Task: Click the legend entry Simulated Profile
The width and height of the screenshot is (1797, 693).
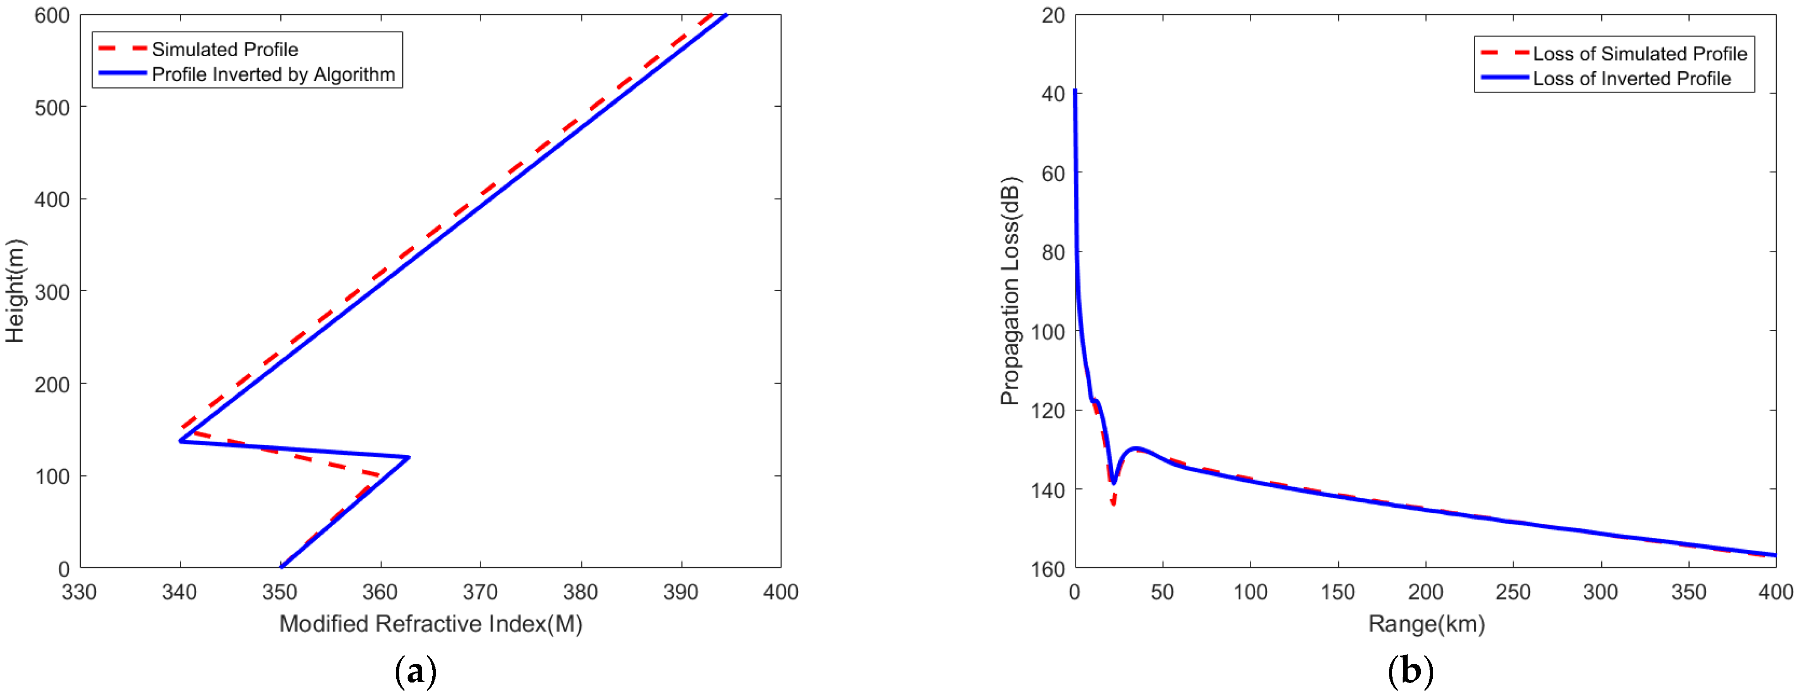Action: point(225,49)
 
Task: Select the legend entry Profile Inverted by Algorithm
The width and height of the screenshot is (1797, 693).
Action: point(273,75)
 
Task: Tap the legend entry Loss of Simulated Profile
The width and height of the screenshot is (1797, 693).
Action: point(1640,54)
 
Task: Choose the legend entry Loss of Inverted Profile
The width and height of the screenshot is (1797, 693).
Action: point(1631,79)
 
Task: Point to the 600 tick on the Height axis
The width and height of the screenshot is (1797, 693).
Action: point(52,16)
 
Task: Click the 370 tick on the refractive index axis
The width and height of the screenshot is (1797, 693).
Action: point(480,592)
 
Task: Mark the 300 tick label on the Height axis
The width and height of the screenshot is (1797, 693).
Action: point(52,292)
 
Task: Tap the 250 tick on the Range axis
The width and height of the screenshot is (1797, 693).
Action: point(1512,592)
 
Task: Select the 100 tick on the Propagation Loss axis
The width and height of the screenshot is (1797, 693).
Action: point(1048,332)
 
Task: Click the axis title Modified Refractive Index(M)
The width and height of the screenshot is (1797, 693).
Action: point(430,623)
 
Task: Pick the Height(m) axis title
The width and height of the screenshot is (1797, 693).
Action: point(16,291)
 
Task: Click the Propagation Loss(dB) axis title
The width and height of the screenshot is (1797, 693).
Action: point(1010,291)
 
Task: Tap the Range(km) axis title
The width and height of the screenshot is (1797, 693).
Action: point(1426,623)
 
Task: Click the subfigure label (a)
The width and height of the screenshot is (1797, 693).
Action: point(416,672)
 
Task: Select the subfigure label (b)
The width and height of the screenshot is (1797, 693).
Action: point(1410,672)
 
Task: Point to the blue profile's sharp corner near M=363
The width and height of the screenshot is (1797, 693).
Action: point(409,457)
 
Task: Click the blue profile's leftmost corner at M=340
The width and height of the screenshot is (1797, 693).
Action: point(181,441)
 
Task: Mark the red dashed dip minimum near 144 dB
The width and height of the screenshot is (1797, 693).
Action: point(1113,503)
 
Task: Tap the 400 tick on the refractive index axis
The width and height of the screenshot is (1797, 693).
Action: point(780,592)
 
